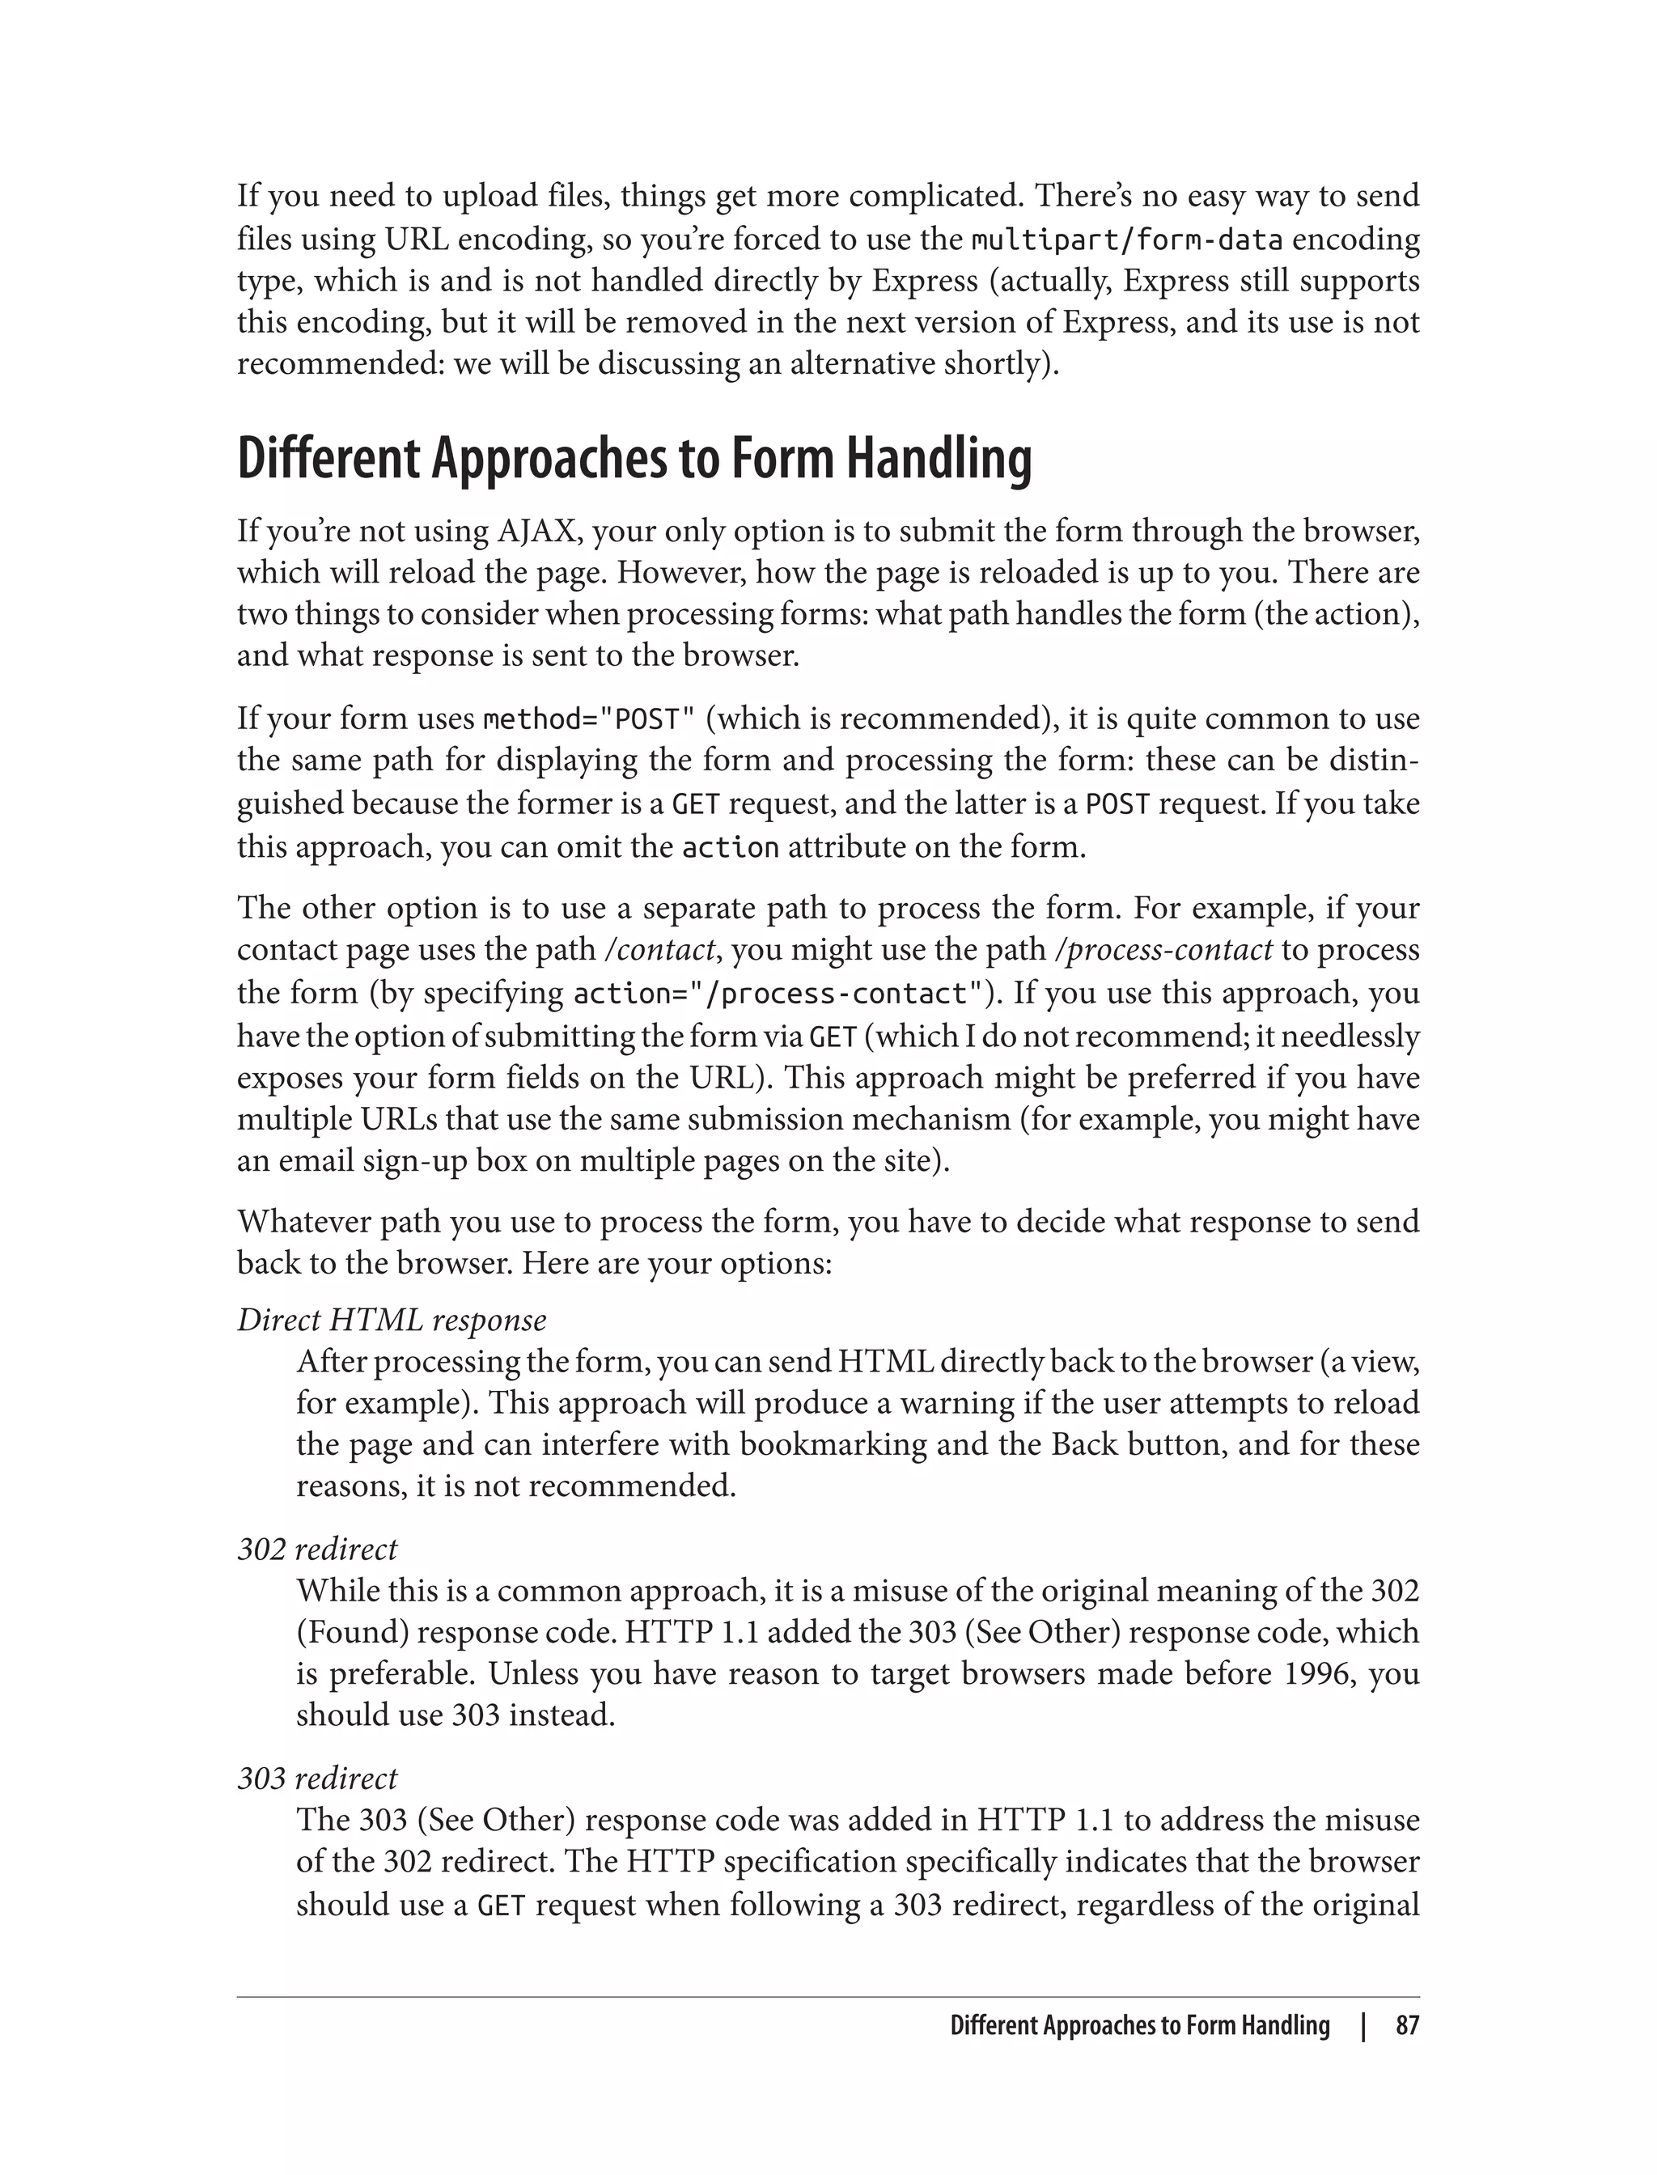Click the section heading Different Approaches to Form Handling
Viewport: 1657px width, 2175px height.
[634, 460]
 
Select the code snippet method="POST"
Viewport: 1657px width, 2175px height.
[590, 719]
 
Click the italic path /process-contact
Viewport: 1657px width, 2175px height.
[1163, 950]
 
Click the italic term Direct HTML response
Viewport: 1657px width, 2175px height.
[392, 1320]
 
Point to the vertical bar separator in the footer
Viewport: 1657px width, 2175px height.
[1363, 2026]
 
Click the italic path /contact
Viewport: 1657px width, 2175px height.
[658, 950]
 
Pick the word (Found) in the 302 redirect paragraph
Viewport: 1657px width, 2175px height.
[352, 1633]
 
